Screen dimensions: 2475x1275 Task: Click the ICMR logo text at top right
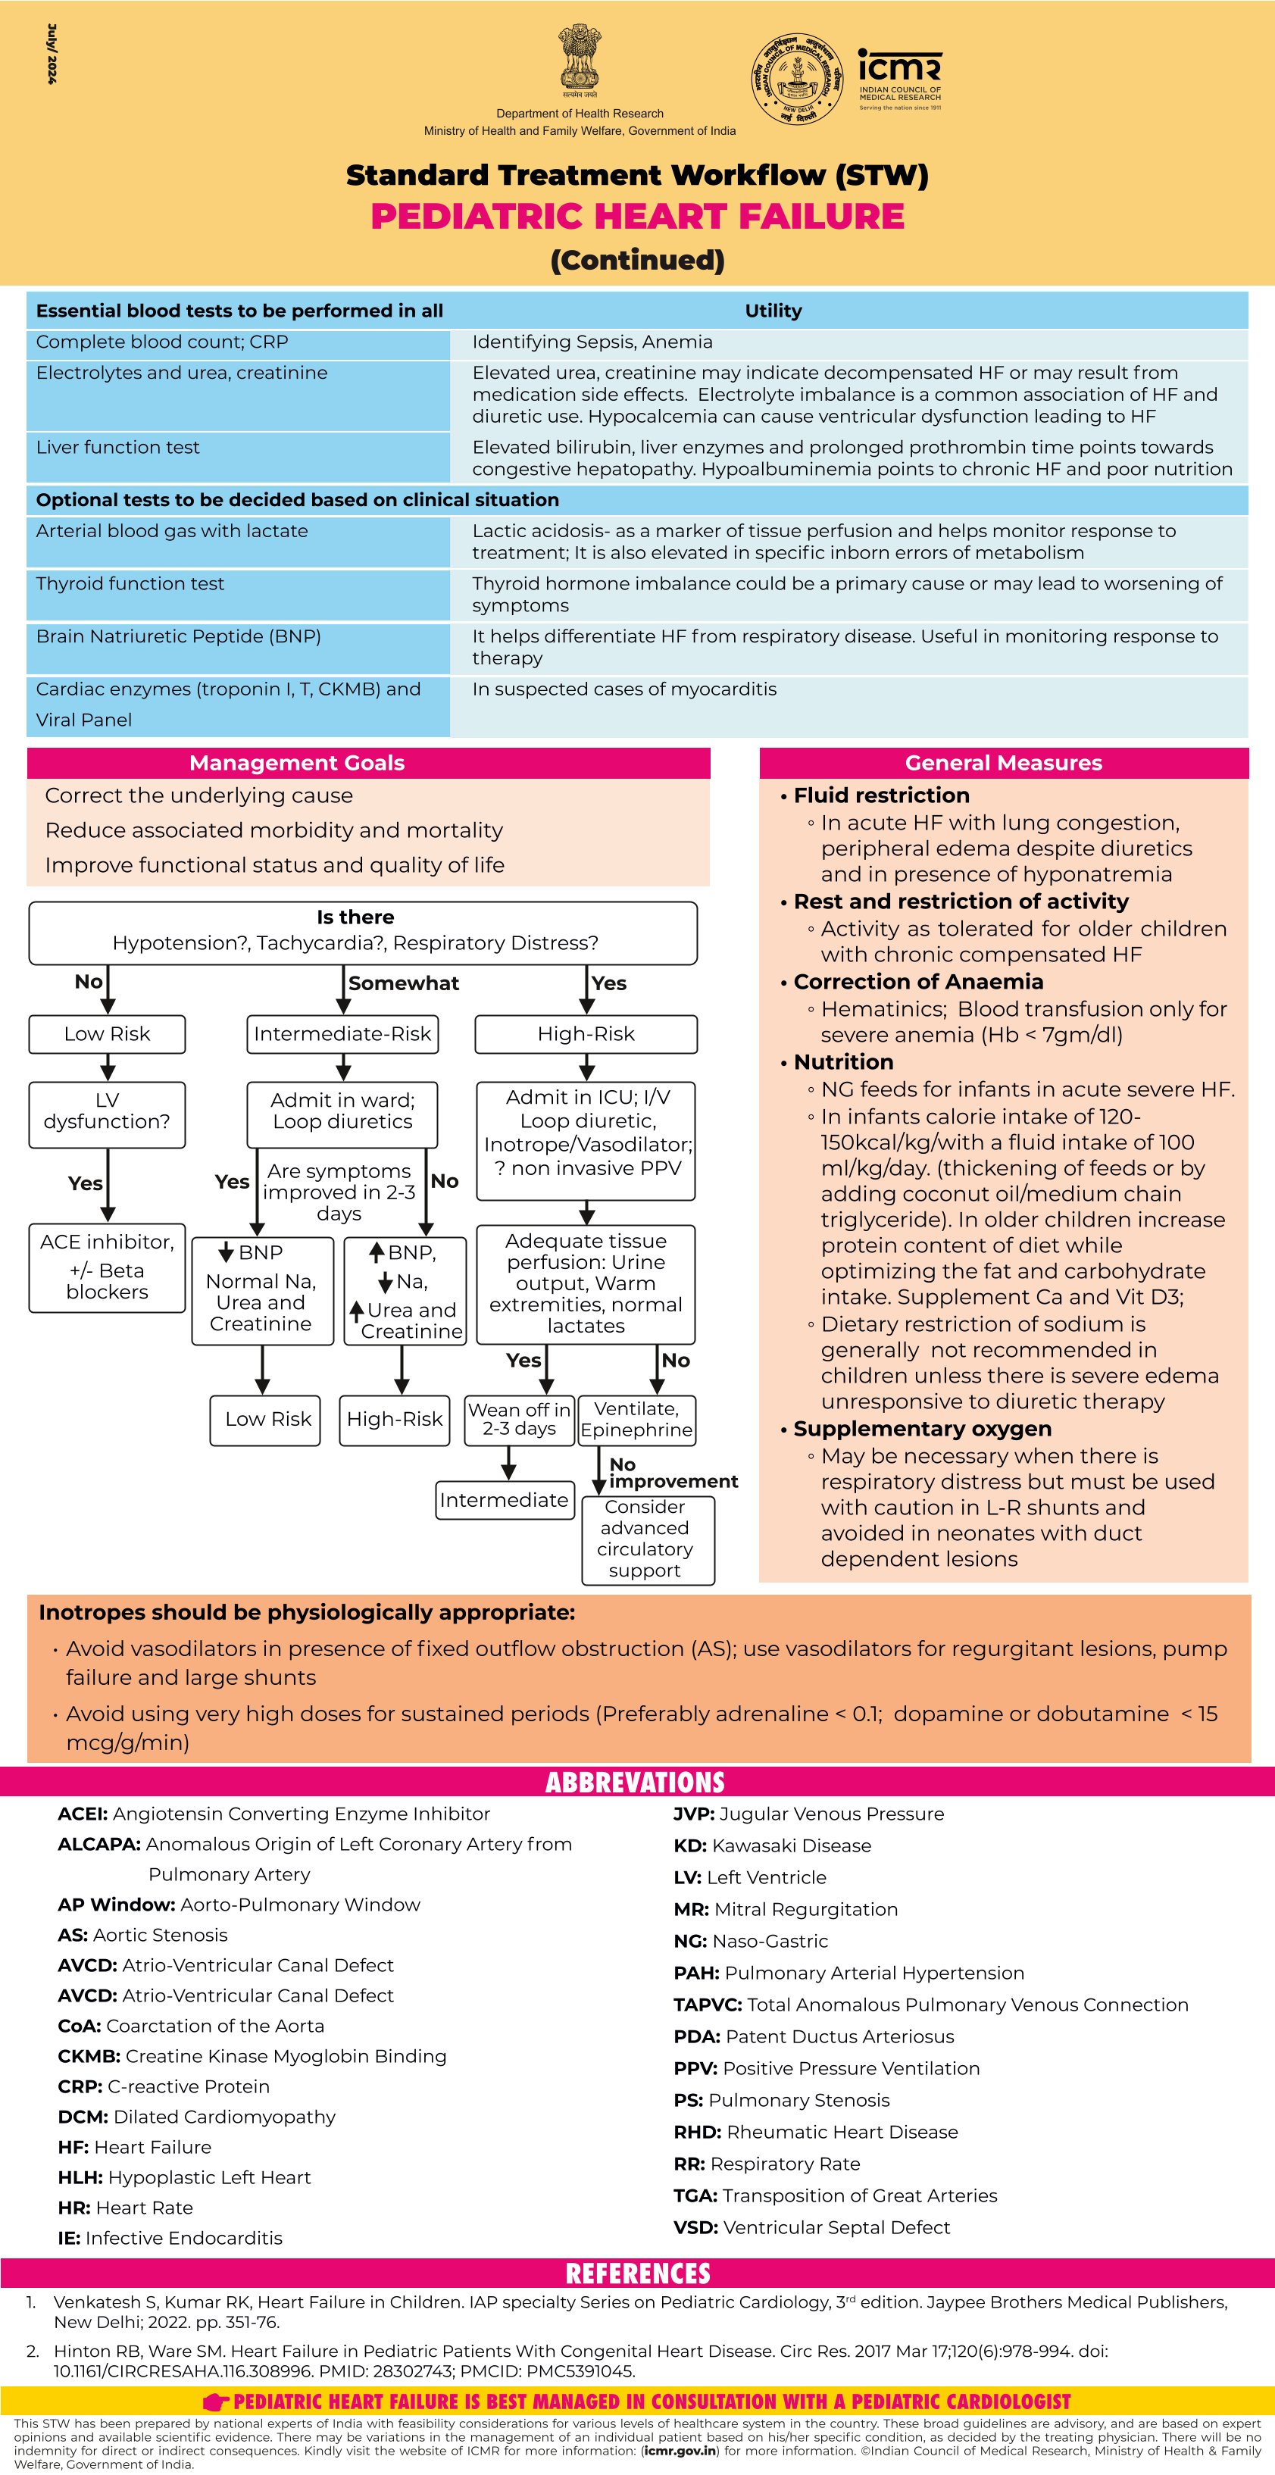[x=899, y=67]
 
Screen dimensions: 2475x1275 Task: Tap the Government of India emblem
[x=580, y=60]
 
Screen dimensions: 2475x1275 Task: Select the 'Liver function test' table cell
[x=118, y=448]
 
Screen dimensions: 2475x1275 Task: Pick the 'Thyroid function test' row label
[x=130, y=584]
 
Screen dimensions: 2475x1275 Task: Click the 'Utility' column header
[x=773, y=311]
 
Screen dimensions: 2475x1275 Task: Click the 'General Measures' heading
[x=1003, y=763]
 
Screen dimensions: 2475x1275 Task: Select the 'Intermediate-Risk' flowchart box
[x=343, y=1034]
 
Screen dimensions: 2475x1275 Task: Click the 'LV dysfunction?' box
[x=107, y=1111]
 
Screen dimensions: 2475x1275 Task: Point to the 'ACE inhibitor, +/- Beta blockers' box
[x=107, y=1267]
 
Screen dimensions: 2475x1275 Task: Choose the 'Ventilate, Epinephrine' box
[x=636, y=1419]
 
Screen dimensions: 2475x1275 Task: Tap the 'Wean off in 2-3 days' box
[x=519, y=1419]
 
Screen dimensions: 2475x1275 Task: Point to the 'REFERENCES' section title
[x=637, y=2274]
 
